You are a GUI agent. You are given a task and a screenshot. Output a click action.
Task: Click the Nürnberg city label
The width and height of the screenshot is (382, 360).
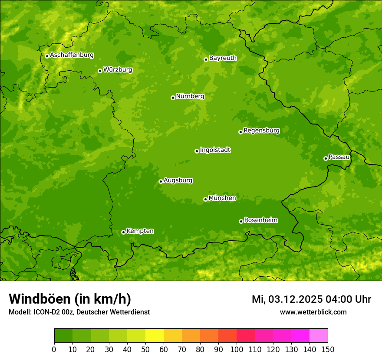pyautogui.click(x=190, y=96)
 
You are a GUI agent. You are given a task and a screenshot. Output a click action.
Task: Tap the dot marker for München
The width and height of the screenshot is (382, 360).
pyautogui.click(x=205, y=199)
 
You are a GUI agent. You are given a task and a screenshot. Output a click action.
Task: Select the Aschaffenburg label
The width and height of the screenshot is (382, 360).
pyautogui.click(x=72, y=55)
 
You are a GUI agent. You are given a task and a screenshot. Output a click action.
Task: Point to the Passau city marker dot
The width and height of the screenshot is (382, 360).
pyautogui.click(x=326, y=158)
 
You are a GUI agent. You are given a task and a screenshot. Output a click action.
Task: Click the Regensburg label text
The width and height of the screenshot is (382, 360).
pyautogui.click(x=261, y=131)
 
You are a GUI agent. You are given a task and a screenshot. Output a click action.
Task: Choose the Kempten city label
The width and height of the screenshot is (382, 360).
pyautogui.click(x=140, y=231)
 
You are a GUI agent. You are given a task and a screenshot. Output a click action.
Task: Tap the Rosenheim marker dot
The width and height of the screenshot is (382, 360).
pyautogui.click(x=241, y=221)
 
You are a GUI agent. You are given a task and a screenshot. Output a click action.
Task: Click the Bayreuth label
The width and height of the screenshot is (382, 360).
pyautogui.click(x=223, y=58)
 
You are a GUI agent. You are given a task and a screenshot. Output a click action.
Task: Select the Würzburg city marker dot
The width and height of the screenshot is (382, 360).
pyautogui.click(x=100, y=71)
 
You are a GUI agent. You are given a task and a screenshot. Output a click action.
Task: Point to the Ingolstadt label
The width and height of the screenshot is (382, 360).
pyautogui.click(x=215, y=150)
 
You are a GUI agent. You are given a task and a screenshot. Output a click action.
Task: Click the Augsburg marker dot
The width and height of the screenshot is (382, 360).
pyautogui.click(x=161, y=181)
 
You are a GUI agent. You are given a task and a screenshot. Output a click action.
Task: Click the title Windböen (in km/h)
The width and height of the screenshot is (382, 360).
pyautogui.click(x=69, y=299)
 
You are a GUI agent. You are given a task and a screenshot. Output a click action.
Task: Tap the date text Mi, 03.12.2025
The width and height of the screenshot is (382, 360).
pyautogui.click(x=286, y=299)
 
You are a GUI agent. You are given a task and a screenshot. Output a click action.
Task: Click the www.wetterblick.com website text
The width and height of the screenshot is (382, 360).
pyautogui.click(x=313, y=312)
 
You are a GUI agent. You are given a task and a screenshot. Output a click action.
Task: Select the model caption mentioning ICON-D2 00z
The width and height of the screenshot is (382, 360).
pyautogui.click(x=79, y=312)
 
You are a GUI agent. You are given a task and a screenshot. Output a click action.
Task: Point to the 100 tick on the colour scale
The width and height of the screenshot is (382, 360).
pyautogui.click(x=237, y=349)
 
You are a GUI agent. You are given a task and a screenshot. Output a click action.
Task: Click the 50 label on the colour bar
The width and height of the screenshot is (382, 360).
pyautogui.click(x=145, y=349)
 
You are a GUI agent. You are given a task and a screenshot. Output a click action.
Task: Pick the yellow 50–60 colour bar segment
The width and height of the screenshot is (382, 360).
pyautogui.click(x=155, y=336)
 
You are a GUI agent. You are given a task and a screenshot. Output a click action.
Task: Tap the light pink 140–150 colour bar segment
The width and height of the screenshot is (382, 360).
pyautogui.click(x=319, y=336)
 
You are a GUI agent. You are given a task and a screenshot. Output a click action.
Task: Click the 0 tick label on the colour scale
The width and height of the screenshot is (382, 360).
pyautogui.click(x=54, y=349)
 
